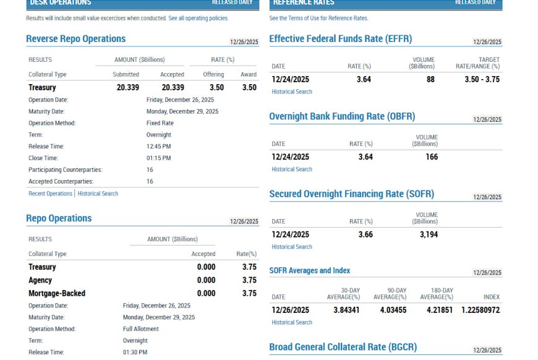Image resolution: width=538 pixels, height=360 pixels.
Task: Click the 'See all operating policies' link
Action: [199, 18]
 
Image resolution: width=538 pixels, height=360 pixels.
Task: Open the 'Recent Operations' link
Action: [51, 194]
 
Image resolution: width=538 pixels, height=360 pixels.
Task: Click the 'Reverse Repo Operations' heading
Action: [76, 39]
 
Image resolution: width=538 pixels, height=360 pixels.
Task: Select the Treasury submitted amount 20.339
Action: [127, 87]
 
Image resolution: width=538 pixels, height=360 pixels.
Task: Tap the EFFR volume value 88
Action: [430, 79]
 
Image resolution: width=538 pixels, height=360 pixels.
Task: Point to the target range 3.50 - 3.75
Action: [482, 79]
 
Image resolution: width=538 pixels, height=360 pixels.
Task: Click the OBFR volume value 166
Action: [432, 157]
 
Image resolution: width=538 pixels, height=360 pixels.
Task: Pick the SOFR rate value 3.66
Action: [365, 234]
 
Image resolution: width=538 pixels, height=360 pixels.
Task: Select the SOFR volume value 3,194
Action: [429, 234]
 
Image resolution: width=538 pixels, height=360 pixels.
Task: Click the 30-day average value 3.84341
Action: [346, 310]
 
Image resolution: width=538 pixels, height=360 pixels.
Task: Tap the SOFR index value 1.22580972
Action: [480, 310]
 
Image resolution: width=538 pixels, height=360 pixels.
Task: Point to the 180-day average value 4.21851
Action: [440, 310]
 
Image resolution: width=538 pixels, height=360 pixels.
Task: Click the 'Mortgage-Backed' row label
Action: [57, 293]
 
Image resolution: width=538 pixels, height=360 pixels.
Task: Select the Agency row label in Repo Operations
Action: [40, 280]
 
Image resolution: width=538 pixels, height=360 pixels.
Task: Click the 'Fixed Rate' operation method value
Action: [160, 123]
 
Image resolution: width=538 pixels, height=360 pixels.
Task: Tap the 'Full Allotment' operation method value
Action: [140, 329]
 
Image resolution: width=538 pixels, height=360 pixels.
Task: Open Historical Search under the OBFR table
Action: [292, 169]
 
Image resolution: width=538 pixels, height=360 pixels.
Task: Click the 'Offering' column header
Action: [213, 74]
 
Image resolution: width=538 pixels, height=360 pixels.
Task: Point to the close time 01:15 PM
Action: [158, 158]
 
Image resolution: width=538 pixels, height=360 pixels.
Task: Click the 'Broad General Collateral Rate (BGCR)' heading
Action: [343, 347]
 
